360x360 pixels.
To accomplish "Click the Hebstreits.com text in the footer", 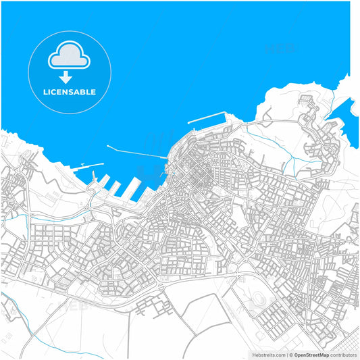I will [x=269, y=355].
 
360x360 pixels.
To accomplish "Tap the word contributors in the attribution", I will [x=343, y=355].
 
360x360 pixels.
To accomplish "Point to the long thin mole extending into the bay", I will [x=135, y=152].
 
